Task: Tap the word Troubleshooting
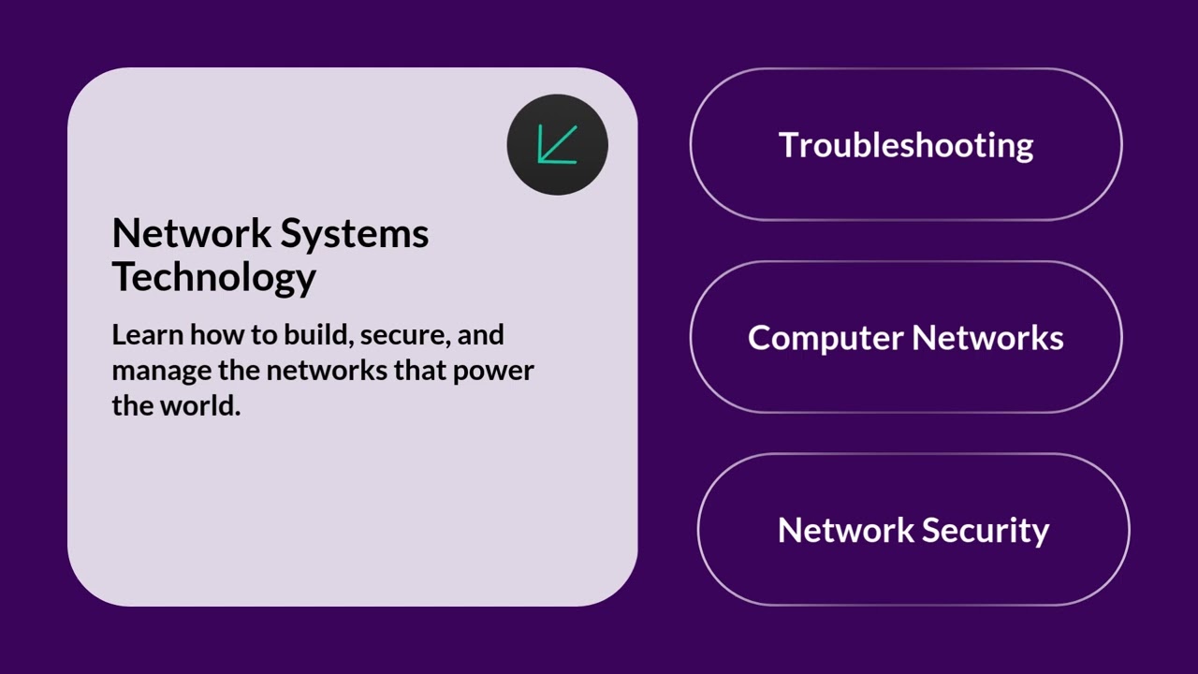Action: point(906,145)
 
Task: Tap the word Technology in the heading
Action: point(213,277)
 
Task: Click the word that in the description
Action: point(420,371)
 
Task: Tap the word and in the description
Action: point(481,335)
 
